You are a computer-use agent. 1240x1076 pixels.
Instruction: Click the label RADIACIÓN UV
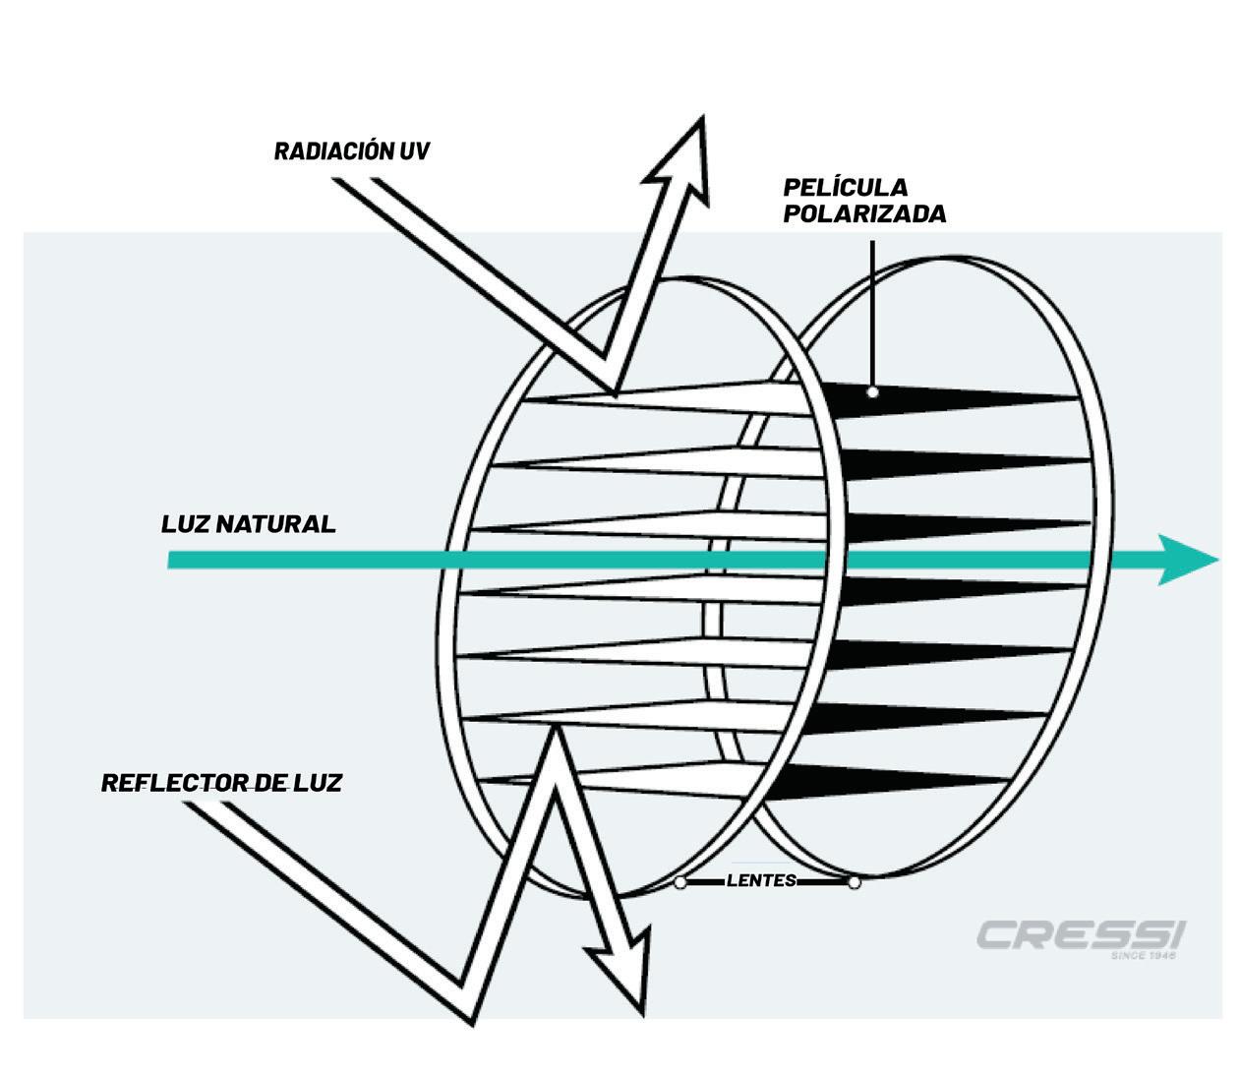[351, 151]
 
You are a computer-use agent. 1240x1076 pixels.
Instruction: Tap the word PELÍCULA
[845, 187]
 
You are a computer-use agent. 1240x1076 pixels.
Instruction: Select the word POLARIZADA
[864, 213]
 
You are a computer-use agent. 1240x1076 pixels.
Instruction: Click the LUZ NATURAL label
[248, 523]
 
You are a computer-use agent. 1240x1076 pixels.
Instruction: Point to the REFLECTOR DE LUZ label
[221, 783]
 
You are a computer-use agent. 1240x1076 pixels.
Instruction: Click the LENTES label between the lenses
[761, 880]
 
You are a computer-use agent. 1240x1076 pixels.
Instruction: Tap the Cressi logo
[1081, 934]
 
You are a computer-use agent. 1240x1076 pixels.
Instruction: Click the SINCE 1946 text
[1143, 955]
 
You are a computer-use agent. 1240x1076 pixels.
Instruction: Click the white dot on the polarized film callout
[872, 391]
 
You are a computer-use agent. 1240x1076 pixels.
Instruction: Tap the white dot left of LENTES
[680, 882]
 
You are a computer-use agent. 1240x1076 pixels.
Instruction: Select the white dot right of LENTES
[854, 882]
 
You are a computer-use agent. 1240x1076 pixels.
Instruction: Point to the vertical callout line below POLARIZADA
[871, 305]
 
